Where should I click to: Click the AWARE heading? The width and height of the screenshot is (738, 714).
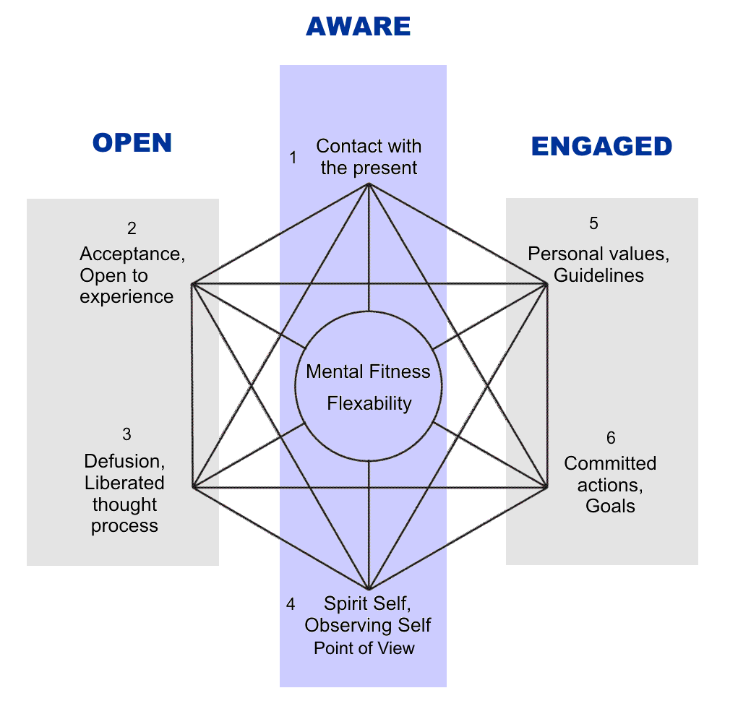358,27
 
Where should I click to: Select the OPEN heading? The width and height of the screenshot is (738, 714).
132,142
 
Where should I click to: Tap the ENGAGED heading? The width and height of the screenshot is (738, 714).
601,146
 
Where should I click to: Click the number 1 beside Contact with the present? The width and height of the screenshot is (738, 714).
293,157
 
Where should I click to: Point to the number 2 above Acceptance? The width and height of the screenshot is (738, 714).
132,228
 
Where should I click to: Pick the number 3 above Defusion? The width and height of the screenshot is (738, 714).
127,434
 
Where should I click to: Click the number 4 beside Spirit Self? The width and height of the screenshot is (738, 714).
291,603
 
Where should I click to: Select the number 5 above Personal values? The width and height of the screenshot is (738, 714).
593,223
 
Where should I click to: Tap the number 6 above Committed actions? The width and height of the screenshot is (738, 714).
611,438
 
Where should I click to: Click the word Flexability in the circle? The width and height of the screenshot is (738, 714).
369,403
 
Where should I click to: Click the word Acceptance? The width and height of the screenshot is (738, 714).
119,254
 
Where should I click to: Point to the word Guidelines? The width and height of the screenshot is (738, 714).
599,275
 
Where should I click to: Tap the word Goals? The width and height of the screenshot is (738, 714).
611,506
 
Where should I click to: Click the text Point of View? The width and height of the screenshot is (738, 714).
364,648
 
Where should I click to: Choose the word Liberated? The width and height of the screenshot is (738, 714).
124,483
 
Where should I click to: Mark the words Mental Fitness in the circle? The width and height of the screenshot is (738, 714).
368,371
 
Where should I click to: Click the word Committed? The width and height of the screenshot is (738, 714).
610,463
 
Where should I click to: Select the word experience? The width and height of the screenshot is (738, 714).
126,296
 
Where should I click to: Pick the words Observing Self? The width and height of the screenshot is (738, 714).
368,624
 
